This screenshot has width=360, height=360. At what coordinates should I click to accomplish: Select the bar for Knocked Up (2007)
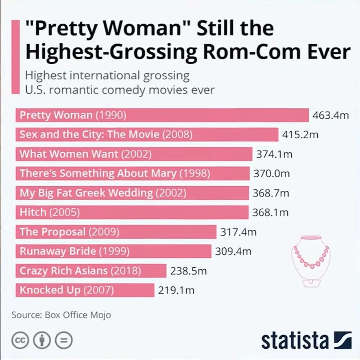pos(85,290)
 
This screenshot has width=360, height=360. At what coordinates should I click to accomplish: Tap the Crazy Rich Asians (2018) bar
pos(91,271)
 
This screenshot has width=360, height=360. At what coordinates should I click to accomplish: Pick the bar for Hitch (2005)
pos(132,212)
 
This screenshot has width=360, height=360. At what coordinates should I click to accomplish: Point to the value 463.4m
pos(330,115)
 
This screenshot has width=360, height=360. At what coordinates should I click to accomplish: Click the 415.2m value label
pos(300,135)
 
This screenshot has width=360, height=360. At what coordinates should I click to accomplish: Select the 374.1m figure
pos(274,154)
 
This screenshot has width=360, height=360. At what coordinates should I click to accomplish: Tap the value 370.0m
pos(271,174)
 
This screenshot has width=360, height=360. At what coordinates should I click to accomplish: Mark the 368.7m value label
pos(271,193)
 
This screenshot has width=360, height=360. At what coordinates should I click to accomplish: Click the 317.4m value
pos(238,232)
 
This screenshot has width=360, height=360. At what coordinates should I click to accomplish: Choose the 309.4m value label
pos(233,251)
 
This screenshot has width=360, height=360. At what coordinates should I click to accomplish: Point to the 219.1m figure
pos(176,290)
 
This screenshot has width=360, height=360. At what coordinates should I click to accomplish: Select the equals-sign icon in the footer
pos(63,340)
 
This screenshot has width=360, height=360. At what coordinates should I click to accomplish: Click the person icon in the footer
pos(42,340)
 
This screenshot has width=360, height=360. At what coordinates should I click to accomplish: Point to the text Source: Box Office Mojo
pos(61,315)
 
